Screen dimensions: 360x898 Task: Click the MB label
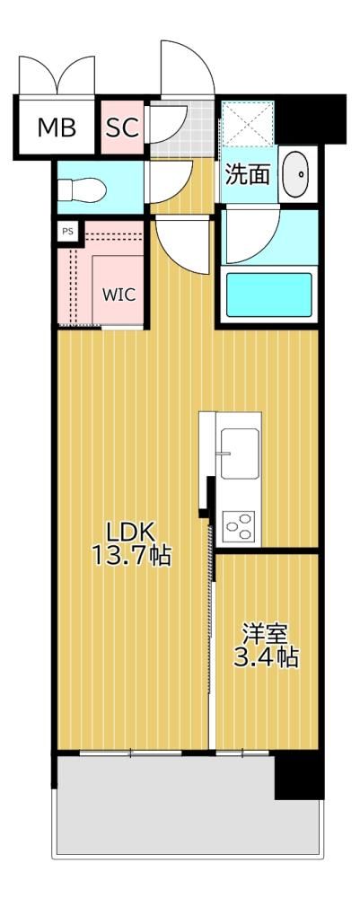coord(57,128)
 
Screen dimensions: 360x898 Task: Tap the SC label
coord(122,128)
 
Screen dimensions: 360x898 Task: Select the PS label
coord(67,232)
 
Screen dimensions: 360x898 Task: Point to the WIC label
coord(119,295)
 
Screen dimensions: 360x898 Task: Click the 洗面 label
coord(247,174)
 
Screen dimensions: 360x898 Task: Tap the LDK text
coord(130,533)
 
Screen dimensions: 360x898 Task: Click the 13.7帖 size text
coord(131,556)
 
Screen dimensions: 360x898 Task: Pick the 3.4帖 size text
coord(265,657)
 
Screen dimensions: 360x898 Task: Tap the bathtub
coord(269,295)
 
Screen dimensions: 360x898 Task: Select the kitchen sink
coord(240,453)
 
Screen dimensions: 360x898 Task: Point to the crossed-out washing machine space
coord(248,123)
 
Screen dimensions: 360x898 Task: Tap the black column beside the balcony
coord(299,776)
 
